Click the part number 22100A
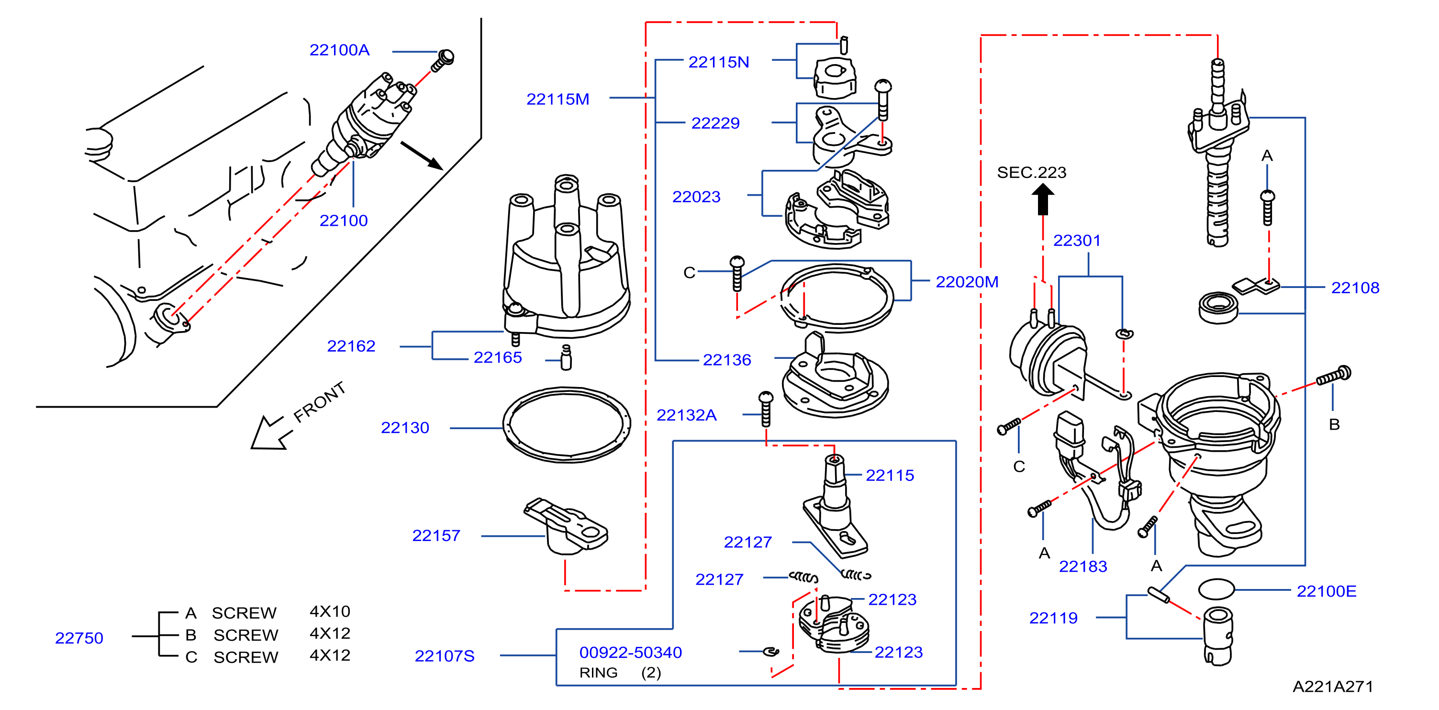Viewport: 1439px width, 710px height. [x=339, y=50]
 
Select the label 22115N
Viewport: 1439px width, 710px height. [x=718, y=62]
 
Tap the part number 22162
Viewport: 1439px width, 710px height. [x=351, y=346]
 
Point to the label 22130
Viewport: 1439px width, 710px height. [x=404, y=428]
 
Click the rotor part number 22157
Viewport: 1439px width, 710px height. [x=436, y=536]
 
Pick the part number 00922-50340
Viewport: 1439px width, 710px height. [x=630, y=653]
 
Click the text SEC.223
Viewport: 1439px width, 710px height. [x=1031, y=173]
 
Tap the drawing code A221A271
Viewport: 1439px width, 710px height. [x=1332, y=687]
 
